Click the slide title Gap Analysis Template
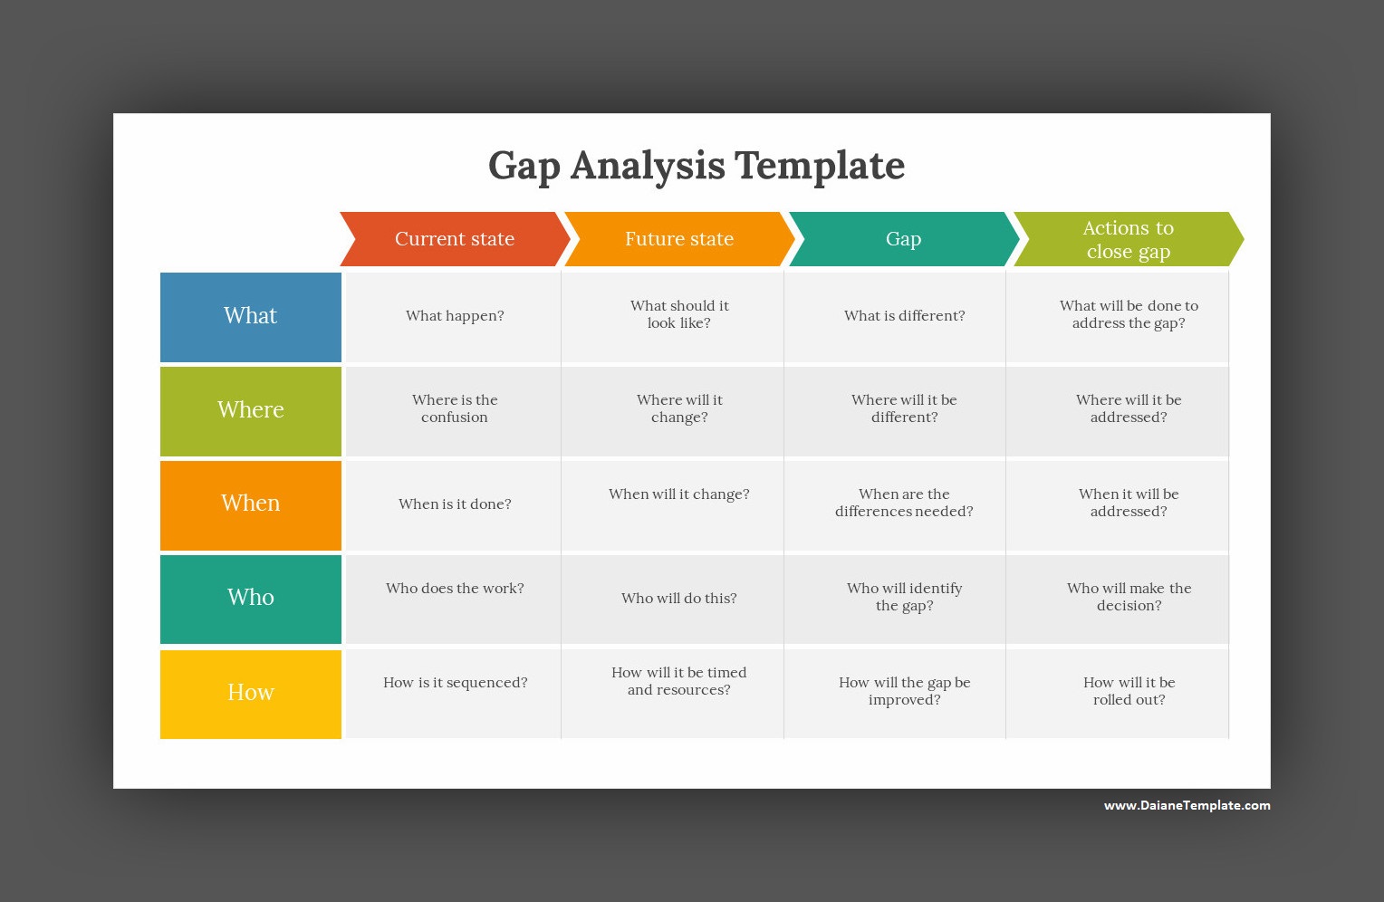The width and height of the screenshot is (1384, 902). [x=697, y=166]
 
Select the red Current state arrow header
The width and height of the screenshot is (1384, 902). [x=455, y=239]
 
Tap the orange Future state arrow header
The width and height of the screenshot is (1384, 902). [x=679, y=239]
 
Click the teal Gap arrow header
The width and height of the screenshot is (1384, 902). [x=903, y=239]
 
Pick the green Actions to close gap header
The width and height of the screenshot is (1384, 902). [x=1129, y=239]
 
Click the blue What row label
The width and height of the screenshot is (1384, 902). [x=251, y=317]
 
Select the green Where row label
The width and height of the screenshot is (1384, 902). [x=251, y=411]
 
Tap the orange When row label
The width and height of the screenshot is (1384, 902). [x=251, y=505]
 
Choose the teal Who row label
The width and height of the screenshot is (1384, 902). [x=251, y=600]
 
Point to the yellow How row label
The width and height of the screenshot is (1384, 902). [x=251, y=695]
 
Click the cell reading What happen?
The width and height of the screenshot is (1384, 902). [x=454, y=317]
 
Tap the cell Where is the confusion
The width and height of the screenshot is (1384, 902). [x=454, y=411]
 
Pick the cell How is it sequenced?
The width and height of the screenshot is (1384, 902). [x=454, y=695]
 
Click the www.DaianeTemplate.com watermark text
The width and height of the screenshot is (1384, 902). [x=1187, y=805]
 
